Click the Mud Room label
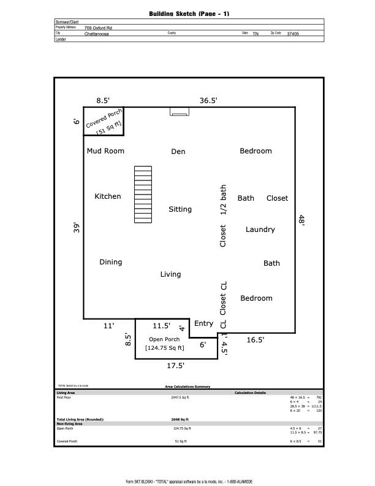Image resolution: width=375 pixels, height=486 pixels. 105,151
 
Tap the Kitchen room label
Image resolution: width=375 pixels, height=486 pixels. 107,196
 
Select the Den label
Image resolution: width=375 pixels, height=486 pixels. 178,152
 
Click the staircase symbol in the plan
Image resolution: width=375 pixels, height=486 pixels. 143,195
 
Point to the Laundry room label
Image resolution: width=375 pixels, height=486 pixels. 260,229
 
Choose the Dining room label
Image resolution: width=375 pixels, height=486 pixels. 110,262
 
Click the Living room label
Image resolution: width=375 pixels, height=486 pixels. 170,274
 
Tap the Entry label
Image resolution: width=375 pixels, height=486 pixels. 203,323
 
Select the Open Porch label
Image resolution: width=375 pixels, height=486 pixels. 164,339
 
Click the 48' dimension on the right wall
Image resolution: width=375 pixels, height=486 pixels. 301,220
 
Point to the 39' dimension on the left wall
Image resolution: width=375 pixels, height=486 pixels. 77,228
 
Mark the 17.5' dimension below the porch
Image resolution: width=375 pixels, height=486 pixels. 176,366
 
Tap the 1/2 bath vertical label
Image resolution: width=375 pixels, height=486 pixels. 223,200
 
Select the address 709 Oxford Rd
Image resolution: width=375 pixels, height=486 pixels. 98,28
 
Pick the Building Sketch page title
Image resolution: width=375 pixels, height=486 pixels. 189,13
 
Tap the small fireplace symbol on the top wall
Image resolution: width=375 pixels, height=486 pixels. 179,112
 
